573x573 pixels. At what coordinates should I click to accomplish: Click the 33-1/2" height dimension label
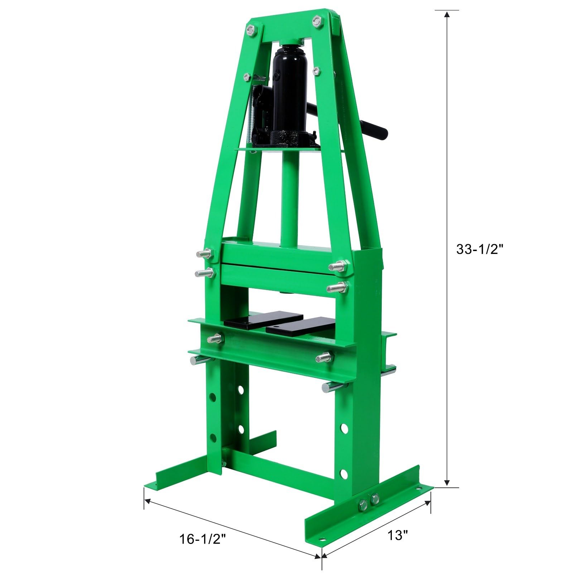pos(480,249)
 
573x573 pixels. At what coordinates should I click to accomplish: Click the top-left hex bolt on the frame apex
pos(251,29)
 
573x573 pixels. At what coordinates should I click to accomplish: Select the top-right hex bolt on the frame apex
pos(316,20)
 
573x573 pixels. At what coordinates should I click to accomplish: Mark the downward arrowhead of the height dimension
pos(447,483)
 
